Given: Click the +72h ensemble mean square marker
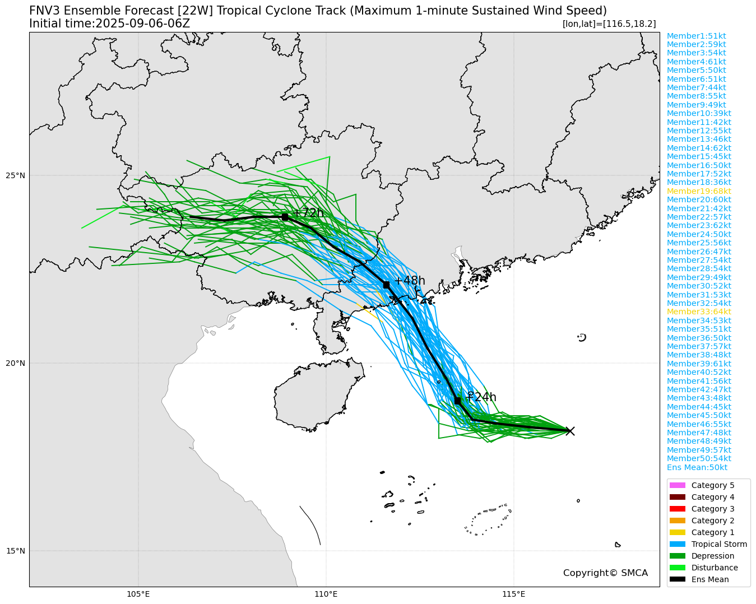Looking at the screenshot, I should click(x=285, y=217).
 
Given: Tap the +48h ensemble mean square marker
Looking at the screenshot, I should click(x=386, y=285).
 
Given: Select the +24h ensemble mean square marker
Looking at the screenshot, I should click(x=457, y=401).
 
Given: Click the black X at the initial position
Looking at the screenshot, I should click(x=570, y=431).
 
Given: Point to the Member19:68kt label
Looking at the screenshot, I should click(x=699, y=191).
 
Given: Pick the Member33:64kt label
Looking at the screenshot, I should click(x=699, y=312).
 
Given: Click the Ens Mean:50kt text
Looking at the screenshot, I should click(x=697, y=467).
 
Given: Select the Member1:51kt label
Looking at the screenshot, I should click(x=696, y=36).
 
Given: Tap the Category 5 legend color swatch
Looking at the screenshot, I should click(x=677, y=485).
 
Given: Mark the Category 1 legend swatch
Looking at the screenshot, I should click(x=677, y=532).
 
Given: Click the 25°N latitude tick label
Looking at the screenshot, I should click(x=15, y=175).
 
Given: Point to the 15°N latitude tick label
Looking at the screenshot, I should click(x=15, y=551).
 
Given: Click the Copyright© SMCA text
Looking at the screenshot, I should click(x=605, y=573).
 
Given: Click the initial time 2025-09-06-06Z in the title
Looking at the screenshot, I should click(x=143, y=24).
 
